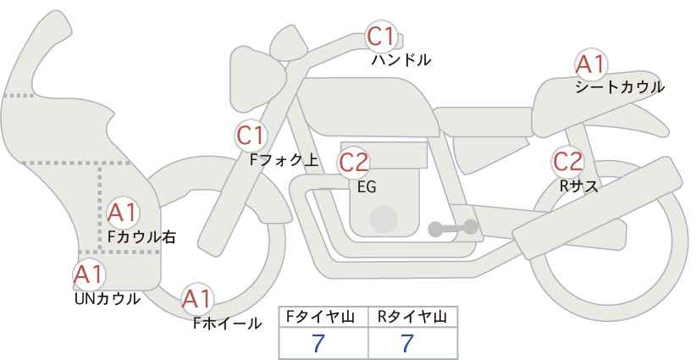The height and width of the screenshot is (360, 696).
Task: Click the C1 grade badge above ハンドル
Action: tap(381, 36)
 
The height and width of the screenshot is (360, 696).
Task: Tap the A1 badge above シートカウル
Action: tap(591, 64)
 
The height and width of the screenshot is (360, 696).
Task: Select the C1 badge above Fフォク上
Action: tap(251, 136)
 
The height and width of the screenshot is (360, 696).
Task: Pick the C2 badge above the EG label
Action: tap(354, 163)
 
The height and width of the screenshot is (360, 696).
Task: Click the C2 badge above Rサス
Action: tap(567, 162)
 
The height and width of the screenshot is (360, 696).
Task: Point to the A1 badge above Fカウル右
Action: tap(123, 213)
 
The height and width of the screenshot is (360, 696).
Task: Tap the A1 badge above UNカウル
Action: tap(89, 274)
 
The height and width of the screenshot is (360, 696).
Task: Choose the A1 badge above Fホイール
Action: tap(197, 299)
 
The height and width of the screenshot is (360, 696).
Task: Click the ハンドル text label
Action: tap(401, 60)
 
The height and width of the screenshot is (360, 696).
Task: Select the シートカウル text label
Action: tap(620, 87)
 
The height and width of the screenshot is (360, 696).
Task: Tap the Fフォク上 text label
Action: tap(284, 160)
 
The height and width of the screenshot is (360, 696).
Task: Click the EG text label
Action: tap(367, 187)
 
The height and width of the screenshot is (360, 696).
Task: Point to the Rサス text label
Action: tap(578, 186)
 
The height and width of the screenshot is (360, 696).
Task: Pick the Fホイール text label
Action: tap(227, 324)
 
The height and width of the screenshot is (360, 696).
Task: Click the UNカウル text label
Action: tap(107, 299)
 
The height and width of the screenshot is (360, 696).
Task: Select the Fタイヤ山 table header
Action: tap(320, 317)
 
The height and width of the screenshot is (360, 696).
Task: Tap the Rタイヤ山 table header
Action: tap(412, 317)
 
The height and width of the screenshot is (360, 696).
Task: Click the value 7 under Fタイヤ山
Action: tap(318, 343)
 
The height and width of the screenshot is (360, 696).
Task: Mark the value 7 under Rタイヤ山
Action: tap(407, 343)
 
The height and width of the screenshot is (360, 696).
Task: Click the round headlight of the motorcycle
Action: tap(257, 79)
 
